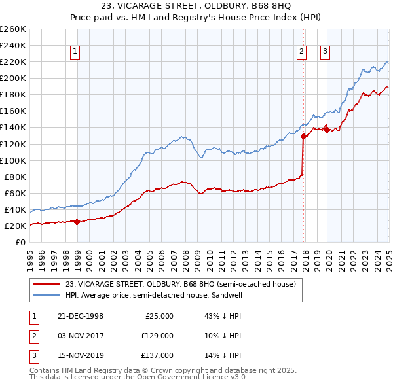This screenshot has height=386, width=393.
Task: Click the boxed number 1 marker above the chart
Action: tap(75, 52)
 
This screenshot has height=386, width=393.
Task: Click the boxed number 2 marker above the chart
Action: tap(301, 52)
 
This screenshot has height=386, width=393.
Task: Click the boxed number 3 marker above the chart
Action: tap(326, 52)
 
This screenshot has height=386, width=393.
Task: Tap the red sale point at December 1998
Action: tap(77, 222)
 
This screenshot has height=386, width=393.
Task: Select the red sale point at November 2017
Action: tap(303, 136)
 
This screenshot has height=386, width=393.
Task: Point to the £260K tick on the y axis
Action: tap(13, 29)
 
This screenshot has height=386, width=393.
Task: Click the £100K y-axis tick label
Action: tap(13, 160)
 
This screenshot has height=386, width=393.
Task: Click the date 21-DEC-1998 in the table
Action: tap(80, 316)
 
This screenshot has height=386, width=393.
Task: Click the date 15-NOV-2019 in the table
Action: tap(80, 355)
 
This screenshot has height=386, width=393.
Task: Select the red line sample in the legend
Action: tap(47, 284)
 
